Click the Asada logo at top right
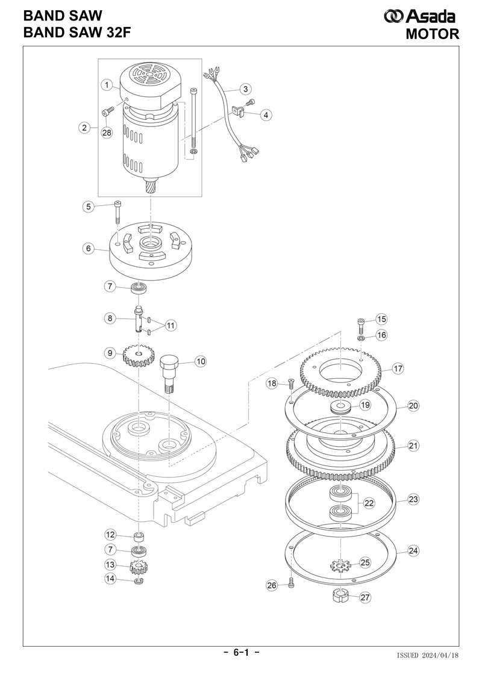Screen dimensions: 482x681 [419, 16]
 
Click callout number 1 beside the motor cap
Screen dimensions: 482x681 [107, 85]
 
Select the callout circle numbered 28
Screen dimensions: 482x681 [107, 133]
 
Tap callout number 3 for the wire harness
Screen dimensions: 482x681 [246, 89]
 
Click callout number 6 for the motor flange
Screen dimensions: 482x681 [89, 249]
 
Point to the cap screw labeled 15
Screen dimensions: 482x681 [361, 325]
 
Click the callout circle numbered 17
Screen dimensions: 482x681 [398, 369]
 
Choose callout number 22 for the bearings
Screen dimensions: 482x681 [369, 503]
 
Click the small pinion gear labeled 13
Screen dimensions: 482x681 [139, 567]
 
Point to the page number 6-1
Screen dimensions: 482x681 [242, 652]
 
